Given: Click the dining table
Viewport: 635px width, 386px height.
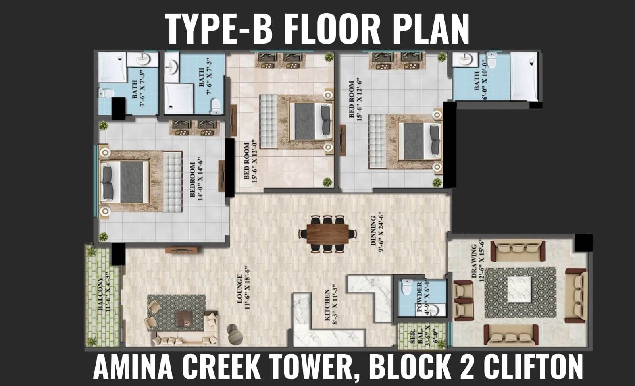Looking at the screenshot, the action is tap(328, 234).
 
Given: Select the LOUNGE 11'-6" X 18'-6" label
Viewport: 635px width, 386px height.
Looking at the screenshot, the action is tap(244, 288).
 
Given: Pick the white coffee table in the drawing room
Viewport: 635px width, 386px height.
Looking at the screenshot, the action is tap(519, 289).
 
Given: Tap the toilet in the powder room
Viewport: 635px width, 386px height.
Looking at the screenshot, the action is tap(407, 287).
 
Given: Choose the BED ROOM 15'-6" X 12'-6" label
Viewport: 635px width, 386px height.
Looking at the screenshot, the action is tap(355, 99).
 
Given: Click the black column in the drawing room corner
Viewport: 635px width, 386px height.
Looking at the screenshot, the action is tap(583, 243).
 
